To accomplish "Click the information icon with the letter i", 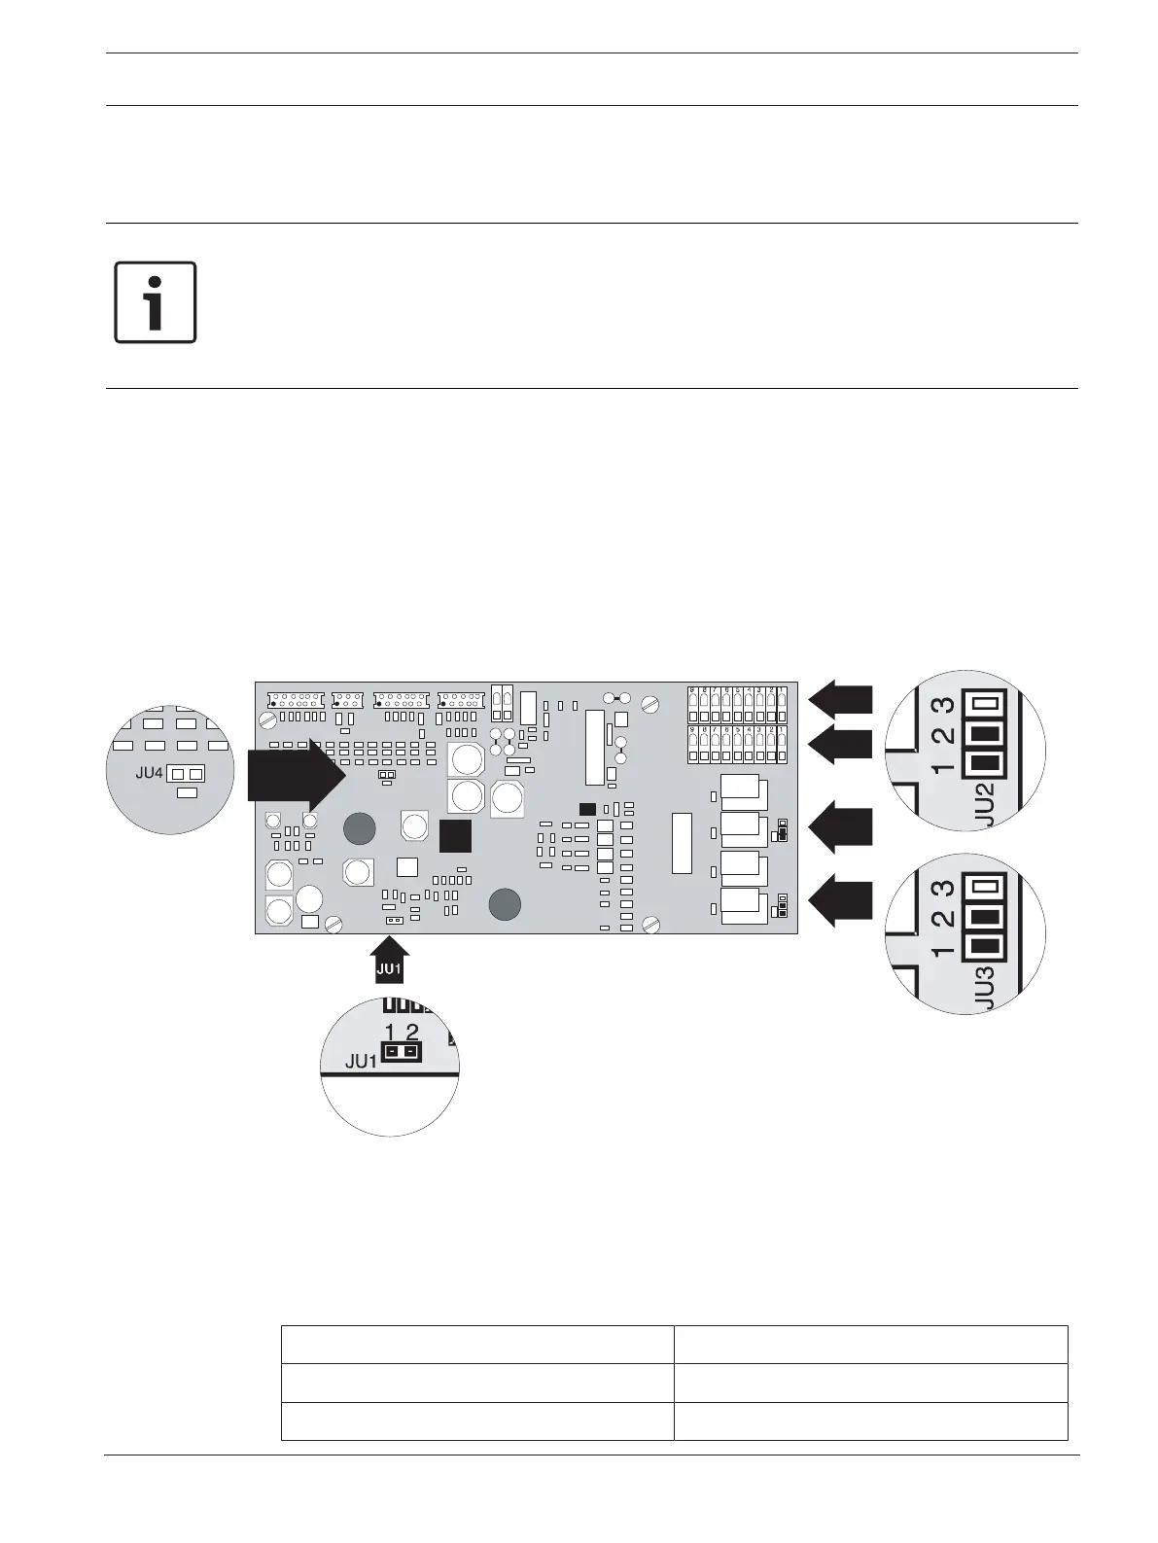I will pyautogui.click(x=156, y=302).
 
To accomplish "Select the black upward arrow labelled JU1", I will pyautogui.click(x=389, y=957).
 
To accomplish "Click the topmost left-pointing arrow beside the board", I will pyautogui.click(x=841, y=698).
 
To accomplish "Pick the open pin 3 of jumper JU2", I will pyautogui.click(x=986, y=704).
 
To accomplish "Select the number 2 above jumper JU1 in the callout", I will pyautogui.click(x=412, y=1033).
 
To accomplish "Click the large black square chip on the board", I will pyautogui.click(x=455, y=836).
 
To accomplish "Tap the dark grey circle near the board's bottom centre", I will pyautogui.click(x=504, y=904).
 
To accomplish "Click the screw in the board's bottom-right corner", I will pyautogui.click(x=653, y=923).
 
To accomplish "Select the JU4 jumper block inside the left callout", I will pyautogui.click(x=186, y=774).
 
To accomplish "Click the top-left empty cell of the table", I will pyautogui.click(x=476, y=1344).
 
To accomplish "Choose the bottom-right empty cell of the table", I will pyautogui.click(x=870, y=1420).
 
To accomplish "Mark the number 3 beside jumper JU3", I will pyautogui.click(x=941, y=889).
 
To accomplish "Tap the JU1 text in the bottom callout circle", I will pyautogui.click(x=361, y=1062).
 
